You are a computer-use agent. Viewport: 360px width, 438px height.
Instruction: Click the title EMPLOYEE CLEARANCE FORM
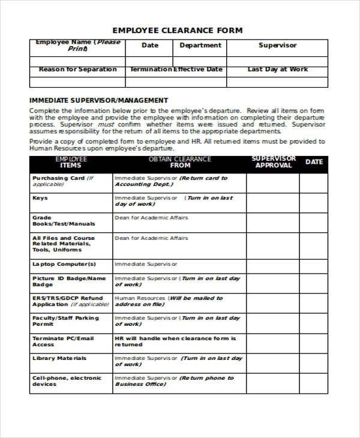pos(178,31)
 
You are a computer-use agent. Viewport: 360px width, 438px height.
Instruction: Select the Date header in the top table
pos(149,46)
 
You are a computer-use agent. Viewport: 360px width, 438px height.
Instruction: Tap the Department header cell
pos(200,46)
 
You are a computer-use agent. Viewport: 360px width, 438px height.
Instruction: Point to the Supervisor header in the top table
pos(277,46)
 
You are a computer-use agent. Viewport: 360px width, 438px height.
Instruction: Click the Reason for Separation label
pos(77,70)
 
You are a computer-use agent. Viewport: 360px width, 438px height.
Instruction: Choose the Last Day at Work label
pos(277,70)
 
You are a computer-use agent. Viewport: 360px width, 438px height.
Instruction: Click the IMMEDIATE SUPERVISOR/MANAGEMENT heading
pos(98,100)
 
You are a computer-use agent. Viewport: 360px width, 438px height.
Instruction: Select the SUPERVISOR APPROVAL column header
pos(273,162)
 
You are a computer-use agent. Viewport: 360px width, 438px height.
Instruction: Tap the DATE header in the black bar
pos(314,162)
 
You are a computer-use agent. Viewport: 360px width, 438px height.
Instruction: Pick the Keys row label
pos(40,198)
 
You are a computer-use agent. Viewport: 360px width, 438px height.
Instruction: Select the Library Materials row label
pos(59,358)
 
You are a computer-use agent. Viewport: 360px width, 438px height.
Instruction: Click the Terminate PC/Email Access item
pos(63,341)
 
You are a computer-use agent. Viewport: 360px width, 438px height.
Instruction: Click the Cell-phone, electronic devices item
pos(67,381)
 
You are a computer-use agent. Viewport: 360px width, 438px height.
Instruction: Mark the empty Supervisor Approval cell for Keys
pos(272,203)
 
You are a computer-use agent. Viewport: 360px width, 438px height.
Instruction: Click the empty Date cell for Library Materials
pos(313,363)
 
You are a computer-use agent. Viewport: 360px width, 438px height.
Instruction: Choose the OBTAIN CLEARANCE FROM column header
pos(179,162)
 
